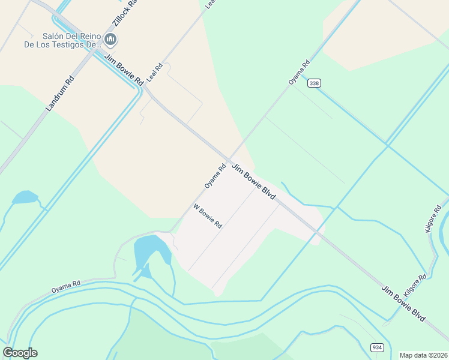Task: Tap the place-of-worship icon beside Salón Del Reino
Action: point(110,40)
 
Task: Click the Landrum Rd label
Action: point(59,94)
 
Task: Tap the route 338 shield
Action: point(313,83)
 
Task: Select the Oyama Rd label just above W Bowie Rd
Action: point(214,176)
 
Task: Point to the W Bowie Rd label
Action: point(208,216)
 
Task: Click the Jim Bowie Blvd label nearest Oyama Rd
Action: point(254,182)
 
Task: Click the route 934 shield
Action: point(376,347)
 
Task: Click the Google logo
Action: point(20,353)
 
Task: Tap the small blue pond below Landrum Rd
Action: point(25,197)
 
